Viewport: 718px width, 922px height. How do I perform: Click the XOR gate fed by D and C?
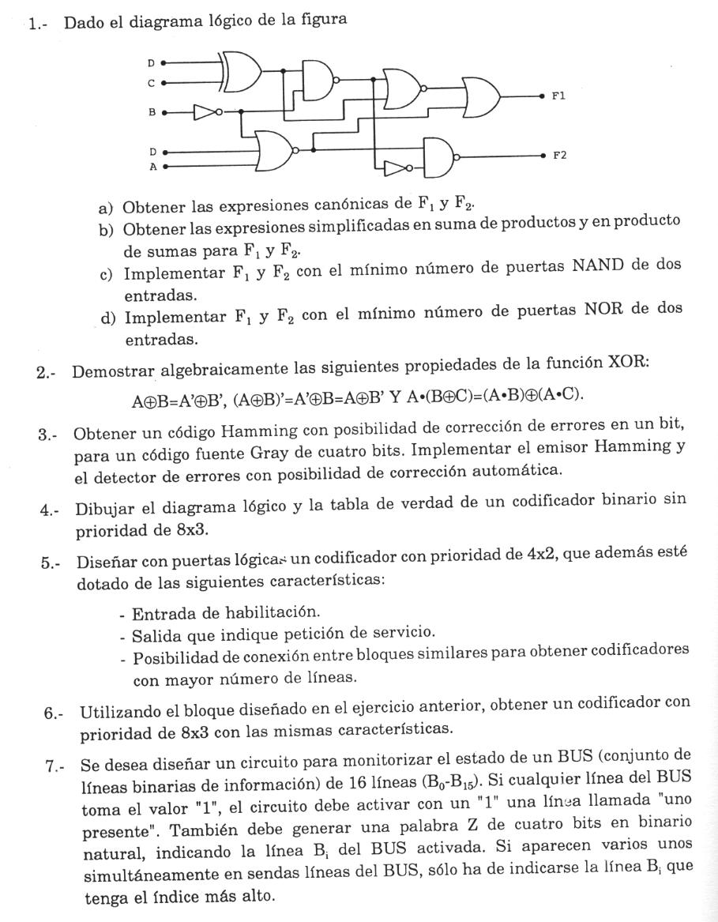[241, 70]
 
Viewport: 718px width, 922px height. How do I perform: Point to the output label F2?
[559, 156]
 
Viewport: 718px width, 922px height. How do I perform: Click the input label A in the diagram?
[152, 167]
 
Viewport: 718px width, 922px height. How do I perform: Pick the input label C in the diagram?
[152, 81]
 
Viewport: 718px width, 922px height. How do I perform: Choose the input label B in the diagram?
[152, 112]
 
